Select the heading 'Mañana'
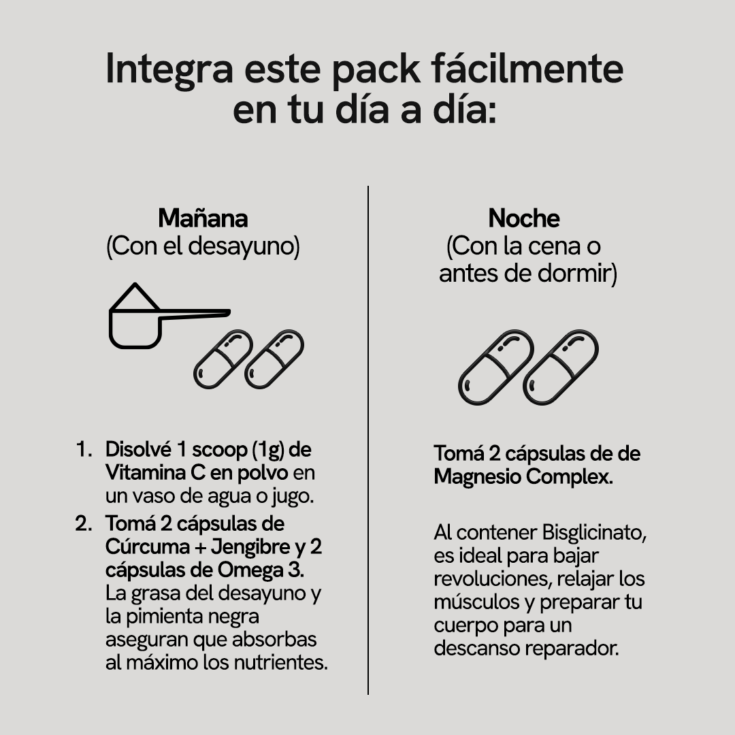(x=203, y=218)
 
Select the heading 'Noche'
(x=524, y=218)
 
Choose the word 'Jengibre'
(x=250, y=547)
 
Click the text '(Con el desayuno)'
(x=203, y=246)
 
